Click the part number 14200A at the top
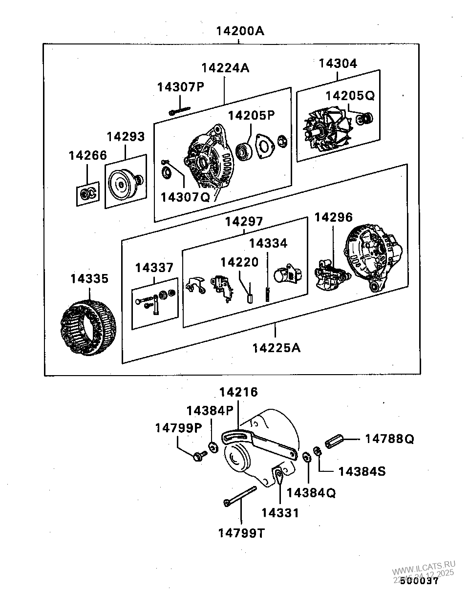click(x=240, y=32)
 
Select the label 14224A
click(x=225, y=68)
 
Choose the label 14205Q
click(x=350, y=96)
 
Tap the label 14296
click(x=333, y=217)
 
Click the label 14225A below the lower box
click(x=276, y=348)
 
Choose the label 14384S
click(x=362, y=471)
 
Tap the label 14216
click(x=238, y=392)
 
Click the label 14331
click(x=280, y=512)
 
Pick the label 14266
click(x=87, y=156)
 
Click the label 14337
click(x=154, y=268)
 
